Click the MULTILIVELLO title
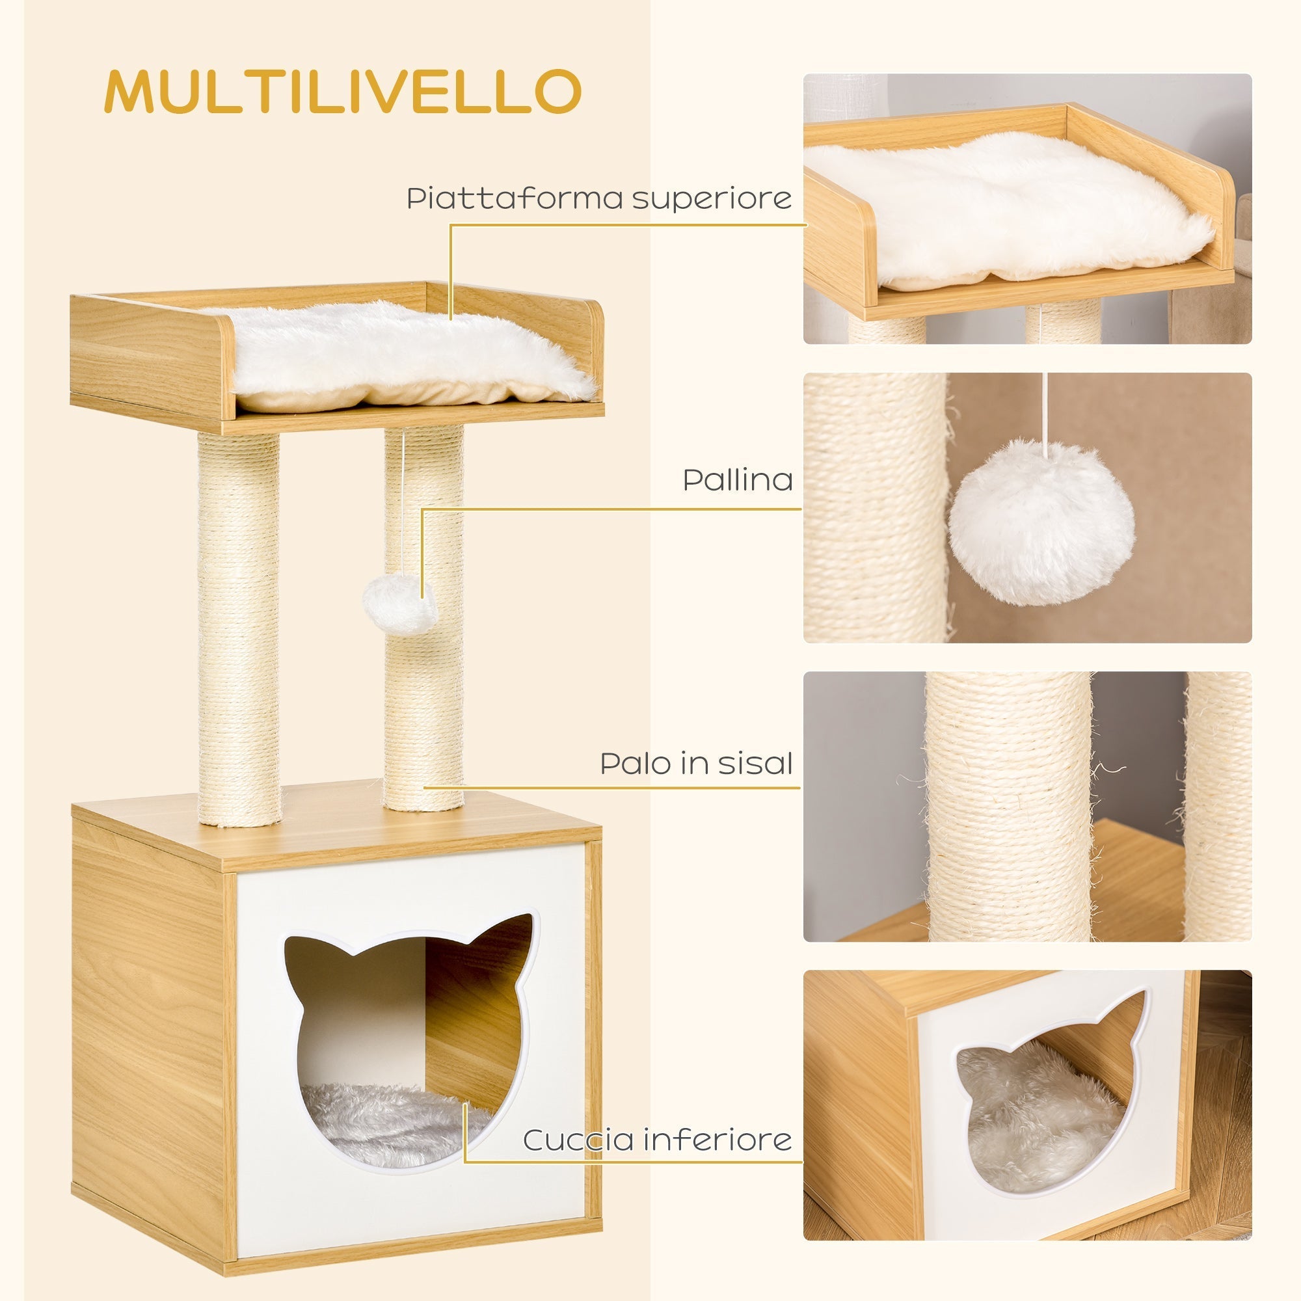[x=342, y=91]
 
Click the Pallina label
[x=738, y=480]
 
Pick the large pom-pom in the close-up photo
[x=1041, y=522]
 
